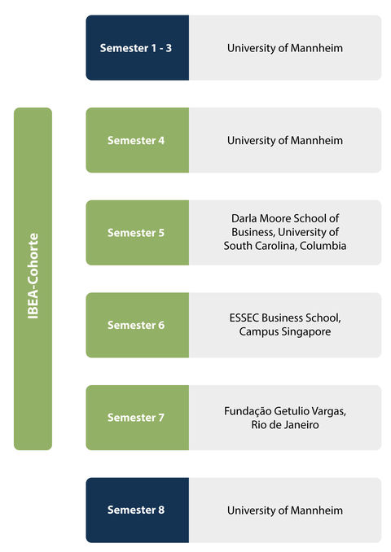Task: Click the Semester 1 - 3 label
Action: pos(135,48)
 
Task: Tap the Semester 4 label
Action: pos(135,141)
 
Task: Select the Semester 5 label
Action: pos(135,233)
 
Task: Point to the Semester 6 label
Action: pos(135,325)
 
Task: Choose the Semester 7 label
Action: pos(135,418)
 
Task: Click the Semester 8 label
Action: pos(135,510)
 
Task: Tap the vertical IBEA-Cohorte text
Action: pos(33,276)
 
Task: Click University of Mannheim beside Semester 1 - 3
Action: pos(284,48)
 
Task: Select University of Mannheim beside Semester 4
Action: pos(284,141)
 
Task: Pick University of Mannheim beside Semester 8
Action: pos(284,510)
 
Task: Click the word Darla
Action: pos(244,219)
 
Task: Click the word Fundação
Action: pos(248,411)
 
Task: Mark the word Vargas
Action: pos(328,411)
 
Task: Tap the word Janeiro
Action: pos(301,425)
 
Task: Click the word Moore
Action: pos(275,219)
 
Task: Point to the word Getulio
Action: pos(291,411)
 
